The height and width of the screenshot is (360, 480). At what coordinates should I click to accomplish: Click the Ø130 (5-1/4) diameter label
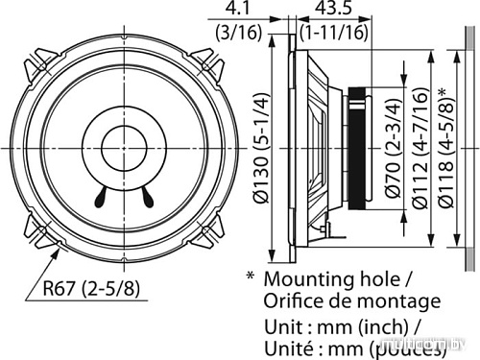point(259,149)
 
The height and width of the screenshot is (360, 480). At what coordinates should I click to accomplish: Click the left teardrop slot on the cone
point(103,199)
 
